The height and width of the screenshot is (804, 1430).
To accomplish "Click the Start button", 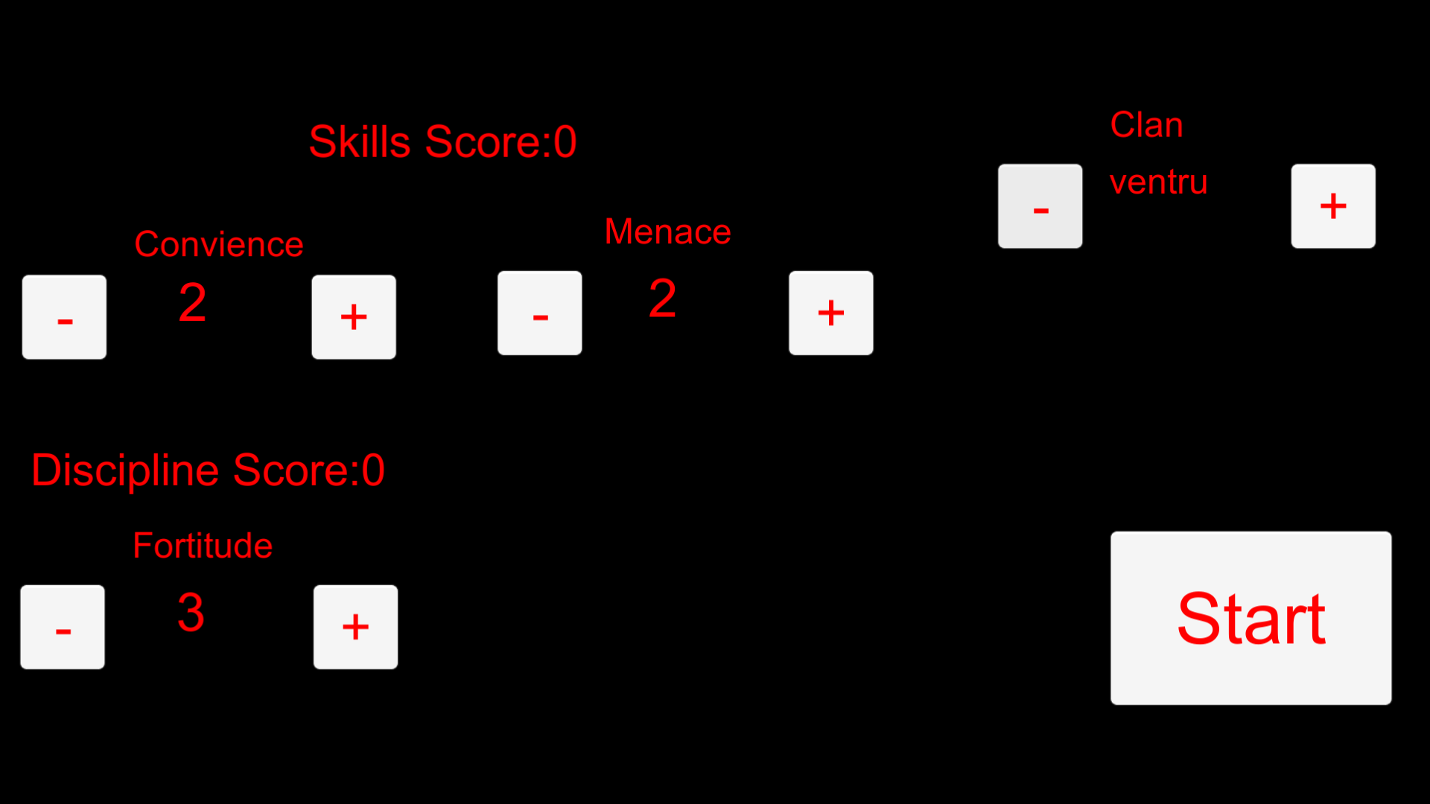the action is [x=1251, y=618].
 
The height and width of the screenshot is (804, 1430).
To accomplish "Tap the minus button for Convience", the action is [x=64, y=317].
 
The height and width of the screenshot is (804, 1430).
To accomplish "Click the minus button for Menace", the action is [x=540, y=313].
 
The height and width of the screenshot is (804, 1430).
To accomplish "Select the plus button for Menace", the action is [x=831, y=313].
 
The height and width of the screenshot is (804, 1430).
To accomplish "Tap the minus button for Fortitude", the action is [x=63, y=627].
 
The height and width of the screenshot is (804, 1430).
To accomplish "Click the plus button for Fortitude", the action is [x=355, y=627].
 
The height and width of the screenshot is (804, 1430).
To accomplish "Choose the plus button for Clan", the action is [x=1333, y=206].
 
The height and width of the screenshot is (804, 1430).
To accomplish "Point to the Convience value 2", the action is [x=192, y=303].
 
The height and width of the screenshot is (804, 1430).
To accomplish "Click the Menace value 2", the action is [x=662, y=299].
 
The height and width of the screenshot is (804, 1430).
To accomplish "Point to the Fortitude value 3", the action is [x=191, y=613].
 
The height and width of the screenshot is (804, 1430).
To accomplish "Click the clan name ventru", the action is [x=1158, y=182].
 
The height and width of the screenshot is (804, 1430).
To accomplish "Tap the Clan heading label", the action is [x=1147, y=125].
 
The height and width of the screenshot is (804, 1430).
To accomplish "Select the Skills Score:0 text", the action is [x=443, y=141].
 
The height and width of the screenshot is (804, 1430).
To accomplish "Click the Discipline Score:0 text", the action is [x=208, y=470].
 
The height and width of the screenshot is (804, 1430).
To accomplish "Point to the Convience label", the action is [x=219, y=244].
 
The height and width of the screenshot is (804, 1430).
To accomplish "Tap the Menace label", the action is [x=668, y=232].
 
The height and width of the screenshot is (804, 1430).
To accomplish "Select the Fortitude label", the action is [x=203, y=546].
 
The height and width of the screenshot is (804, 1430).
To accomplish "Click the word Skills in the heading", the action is [x=359, y=141].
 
